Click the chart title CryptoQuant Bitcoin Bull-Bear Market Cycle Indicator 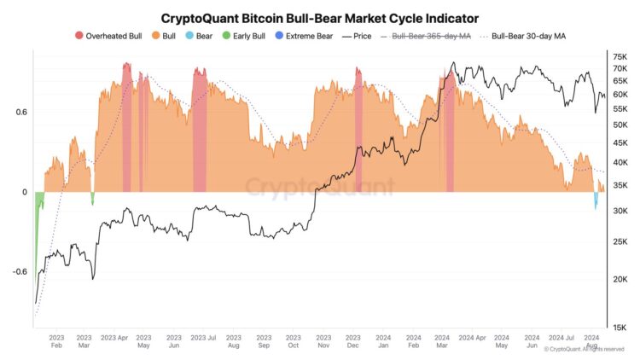(319, 17)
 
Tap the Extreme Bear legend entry (308, 36)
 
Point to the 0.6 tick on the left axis (20, 113)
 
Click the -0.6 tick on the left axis (18, 272)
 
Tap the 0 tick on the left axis (24, 192)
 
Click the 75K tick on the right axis (620, 56)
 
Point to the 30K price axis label (620, 211)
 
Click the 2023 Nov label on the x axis (323, 342)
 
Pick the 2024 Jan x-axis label (383, 342)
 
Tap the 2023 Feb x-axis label (55, 342)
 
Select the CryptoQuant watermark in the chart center (319, 186)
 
